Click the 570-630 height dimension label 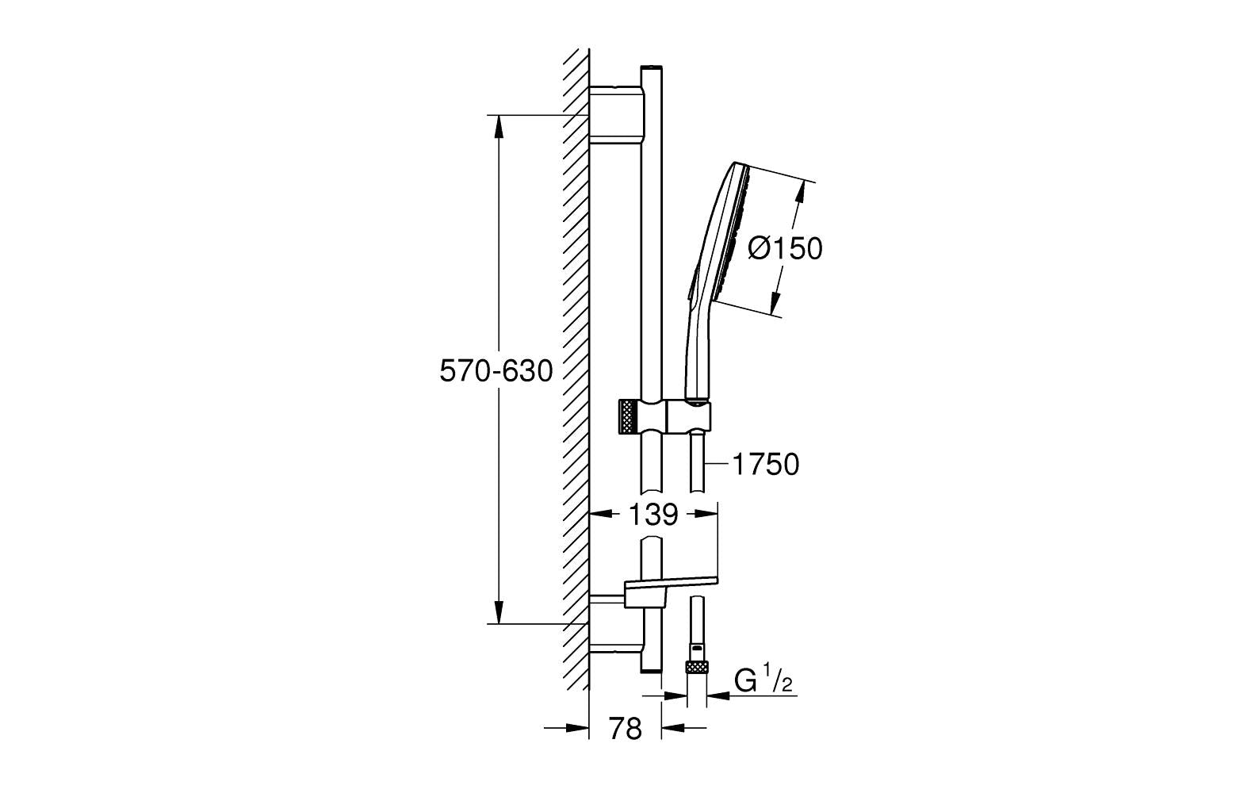(496, 371)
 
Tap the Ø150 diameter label (785, 248)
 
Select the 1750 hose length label (766, 465)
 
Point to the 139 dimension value (653, 514)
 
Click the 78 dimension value (625, 729)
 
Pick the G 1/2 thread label (763, 681)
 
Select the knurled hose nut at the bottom (697, 668)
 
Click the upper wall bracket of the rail (615, 119)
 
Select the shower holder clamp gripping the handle (688, 417)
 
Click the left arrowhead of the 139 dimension (600, 513)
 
